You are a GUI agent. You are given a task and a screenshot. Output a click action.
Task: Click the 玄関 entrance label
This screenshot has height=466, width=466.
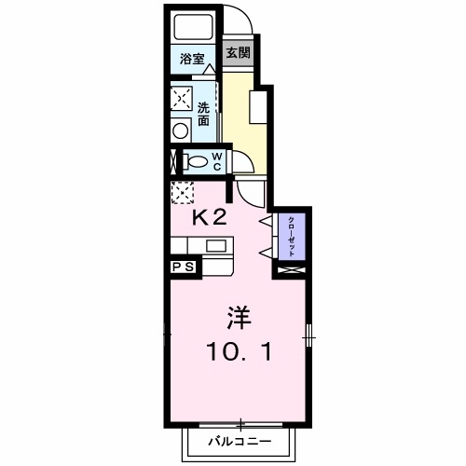tap(238, 53)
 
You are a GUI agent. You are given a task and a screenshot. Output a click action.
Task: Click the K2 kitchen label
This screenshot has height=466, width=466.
tap(209, 218)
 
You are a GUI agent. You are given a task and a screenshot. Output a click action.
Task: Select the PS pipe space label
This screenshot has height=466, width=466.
tap(184, 267)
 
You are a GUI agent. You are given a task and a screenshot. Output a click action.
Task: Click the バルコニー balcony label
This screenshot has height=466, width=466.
tap(240, 439)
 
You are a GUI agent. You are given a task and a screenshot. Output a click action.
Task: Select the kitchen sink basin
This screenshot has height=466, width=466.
tap(215, 246)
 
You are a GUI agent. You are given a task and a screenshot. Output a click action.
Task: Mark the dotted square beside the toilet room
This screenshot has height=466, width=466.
tap(182, 192)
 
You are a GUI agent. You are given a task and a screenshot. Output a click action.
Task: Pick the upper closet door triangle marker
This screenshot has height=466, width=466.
tap(267, 220)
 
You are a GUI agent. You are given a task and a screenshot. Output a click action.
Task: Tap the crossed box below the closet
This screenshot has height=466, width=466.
tap(292, 271)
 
